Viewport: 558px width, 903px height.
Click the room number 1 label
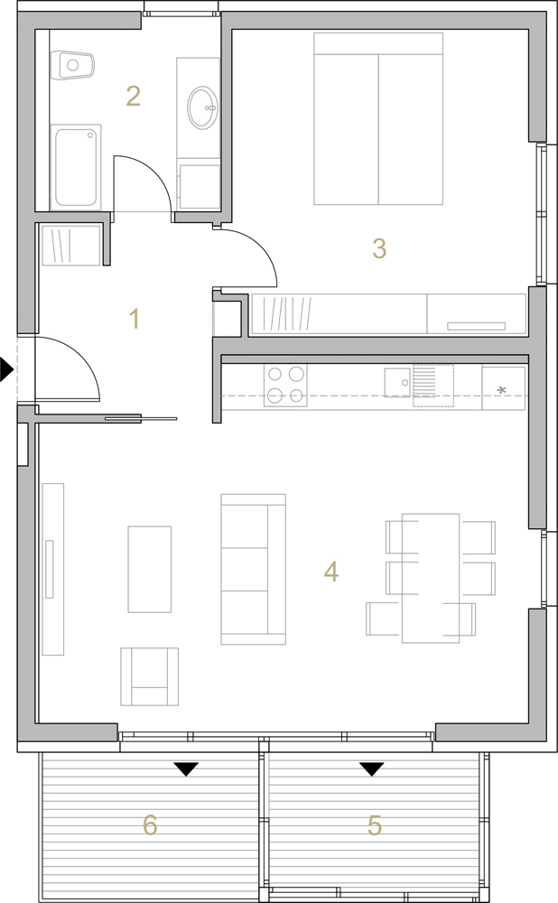pyautogui.click(x=135, y=319)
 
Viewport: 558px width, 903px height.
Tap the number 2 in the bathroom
pyautogui.click(x=133, y=97)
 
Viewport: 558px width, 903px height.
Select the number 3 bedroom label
pyautogui.click(x=379, y=248)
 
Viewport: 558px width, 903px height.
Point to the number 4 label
pyautogui.click(x=331, y=572)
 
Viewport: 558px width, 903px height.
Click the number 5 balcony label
pyautogui.click(x=375, y=825)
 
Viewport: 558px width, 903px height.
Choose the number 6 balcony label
pyautogui.click(x=150, y=825)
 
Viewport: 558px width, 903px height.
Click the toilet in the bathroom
pyautogui.click(x=71, y=65)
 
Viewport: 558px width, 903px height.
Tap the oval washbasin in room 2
pyautogui.click(x=202, y=107)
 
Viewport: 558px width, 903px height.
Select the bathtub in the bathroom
pyautogui.click(x=76, y=167)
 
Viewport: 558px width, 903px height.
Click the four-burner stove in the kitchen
pyautogui.click(x=285, y=386)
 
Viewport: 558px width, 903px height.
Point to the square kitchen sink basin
pyautogui.click(x=397, y=382)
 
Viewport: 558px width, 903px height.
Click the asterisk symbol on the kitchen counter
pyautogui.click(x=501, y=390)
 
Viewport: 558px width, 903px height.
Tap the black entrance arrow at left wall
pyautogui.click(x=6, y=369)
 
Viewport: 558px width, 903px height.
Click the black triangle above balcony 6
pyautogui.click(x=186, y=769)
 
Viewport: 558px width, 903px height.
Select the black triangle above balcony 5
pyautogui.click(x=372, y=769)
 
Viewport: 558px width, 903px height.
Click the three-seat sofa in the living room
pyautogui.click(x=254, y=569)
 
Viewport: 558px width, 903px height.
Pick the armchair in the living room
pyautogui.click(x=149, y=676)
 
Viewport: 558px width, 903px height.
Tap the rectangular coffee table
pyautogui.click(x=149, y=569)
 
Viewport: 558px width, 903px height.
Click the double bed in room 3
pyautogui.click(x=378, y=118)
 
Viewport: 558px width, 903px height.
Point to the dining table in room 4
pyautogui.click(x=431, y=578)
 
